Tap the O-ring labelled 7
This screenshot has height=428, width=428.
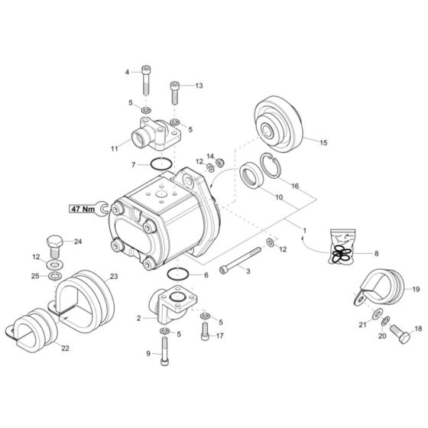point(160,163)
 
